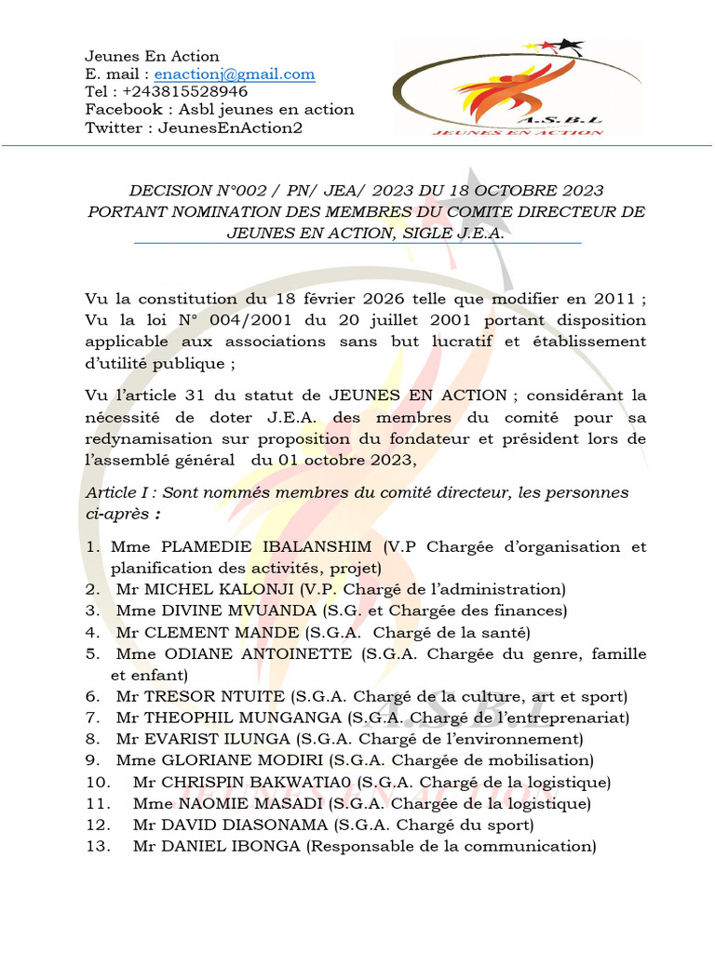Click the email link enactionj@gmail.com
coord(235,74)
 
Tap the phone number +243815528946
coord(183,92)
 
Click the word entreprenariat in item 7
coord(572,718)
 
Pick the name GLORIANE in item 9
coord(189,760)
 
